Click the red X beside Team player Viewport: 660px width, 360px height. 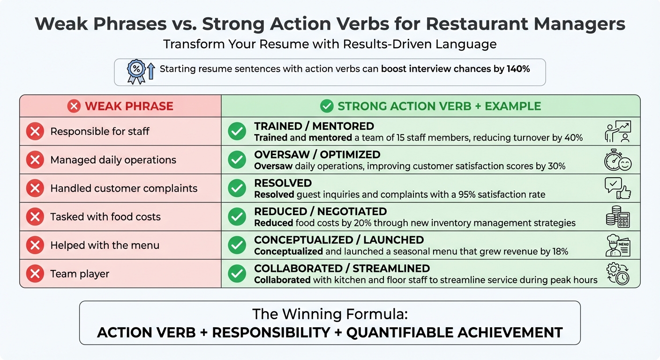pos(35,274)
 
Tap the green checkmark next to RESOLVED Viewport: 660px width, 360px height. pos(237,188)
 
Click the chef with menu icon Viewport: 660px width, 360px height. pos(617,246)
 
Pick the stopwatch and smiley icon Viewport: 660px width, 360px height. pos(617,160)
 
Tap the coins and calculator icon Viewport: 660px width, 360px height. pos(617,217)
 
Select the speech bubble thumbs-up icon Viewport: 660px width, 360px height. pos(617,188)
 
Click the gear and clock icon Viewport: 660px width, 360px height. pos(617,274)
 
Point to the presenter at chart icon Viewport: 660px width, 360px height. pos(617,132)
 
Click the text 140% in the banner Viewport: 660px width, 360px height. pos(518,69)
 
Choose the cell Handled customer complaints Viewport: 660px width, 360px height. pos(124,188)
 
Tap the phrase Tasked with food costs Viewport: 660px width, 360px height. pos(105,217)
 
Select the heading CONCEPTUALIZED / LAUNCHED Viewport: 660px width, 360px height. pos(339,240)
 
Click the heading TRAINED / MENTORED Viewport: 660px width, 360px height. pos(314,126)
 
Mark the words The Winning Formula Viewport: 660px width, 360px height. pos(330,314)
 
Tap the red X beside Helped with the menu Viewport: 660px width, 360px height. pos(35,246)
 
